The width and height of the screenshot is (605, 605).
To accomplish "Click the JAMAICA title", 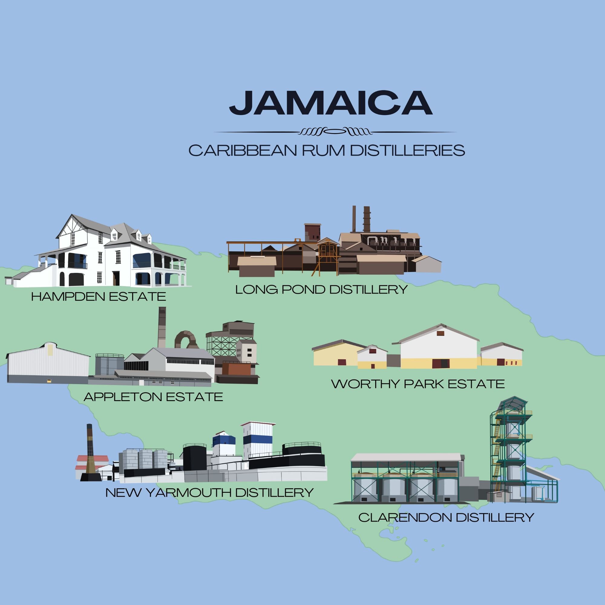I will click(x=331, y=103).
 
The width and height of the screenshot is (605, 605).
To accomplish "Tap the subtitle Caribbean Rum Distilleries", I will click(x=327, y=151).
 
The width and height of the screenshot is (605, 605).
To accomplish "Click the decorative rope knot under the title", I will click(x=335, y=132).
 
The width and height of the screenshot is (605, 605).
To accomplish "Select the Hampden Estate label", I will click(x=98, y=296).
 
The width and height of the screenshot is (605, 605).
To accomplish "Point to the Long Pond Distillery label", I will click(x=322, y=289).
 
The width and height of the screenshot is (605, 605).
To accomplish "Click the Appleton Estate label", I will click(x=153, y=397).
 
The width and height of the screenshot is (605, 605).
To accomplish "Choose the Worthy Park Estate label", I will click(x=418, y=384).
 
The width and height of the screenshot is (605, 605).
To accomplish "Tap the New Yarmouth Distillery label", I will click(x=210, y=492).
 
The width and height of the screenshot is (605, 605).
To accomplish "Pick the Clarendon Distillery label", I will click(x=446, y=517).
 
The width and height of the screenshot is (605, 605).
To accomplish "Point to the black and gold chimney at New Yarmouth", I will click(x=90, y=454).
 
